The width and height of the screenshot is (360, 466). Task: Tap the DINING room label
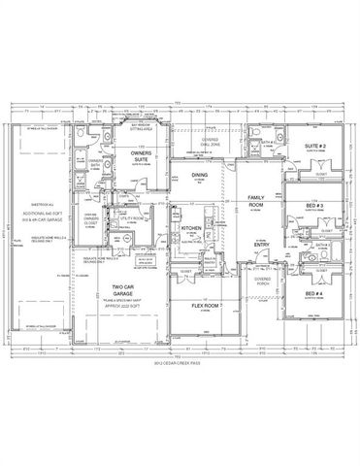(199, 176)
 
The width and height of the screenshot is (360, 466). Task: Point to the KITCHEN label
(191, 228)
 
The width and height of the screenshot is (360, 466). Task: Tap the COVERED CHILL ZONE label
(208, 142)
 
